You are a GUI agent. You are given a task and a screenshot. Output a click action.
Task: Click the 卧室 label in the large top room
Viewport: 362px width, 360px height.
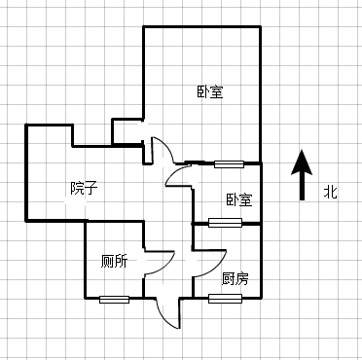pos(209,92)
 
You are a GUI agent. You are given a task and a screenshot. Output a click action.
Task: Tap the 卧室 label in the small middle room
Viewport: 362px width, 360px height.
pos(238,199)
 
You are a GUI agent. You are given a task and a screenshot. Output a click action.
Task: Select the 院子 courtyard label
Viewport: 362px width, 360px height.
pos(83,187)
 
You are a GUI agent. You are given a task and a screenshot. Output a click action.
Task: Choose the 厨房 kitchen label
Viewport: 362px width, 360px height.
pos(235,278)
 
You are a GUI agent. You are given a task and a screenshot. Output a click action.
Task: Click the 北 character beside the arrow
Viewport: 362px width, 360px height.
pos(331,193)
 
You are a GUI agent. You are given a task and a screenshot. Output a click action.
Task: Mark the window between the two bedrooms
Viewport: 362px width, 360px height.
pos(230,162)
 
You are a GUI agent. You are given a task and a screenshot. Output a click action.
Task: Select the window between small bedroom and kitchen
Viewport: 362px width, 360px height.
pos(225,223)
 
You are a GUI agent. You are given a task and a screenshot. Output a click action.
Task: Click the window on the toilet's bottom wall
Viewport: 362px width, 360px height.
pos(114,298)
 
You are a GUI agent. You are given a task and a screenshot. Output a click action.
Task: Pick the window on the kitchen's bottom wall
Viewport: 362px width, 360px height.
pos(225,298)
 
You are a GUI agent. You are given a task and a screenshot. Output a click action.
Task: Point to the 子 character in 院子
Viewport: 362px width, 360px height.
pos(90,187)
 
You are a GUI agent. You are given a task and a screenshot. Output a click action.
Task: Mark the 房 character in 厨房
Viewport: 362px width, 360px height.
pos(241,278)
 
